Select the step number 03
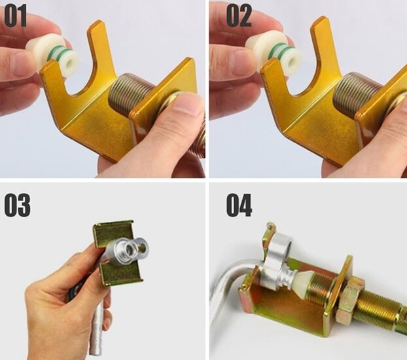[18, 206]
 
